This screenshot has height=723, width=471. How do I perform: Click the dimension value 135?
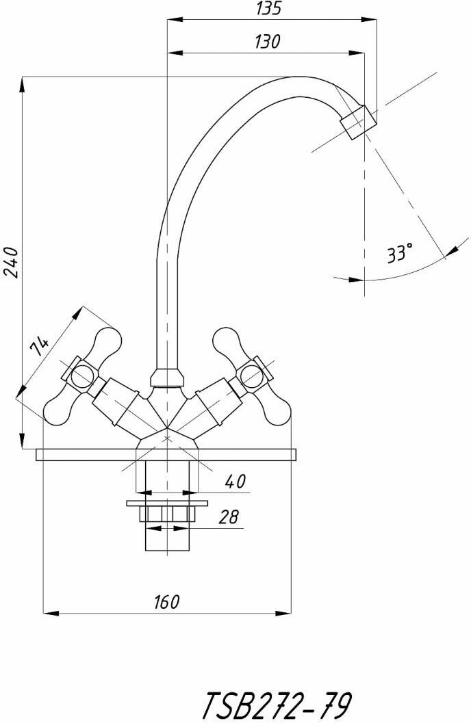coord(268,8)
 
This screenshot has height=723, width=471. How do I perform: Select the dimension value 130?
coord(267,42)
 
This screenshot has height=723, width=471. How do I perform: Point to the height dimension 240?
coord(11,262)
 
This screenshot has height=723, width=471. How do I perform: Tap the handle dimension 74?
coord(39,346)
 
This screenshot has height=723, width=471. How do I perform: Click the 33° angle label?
coord(399,253)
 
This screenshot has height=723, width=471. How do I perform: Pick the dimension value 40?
coord(235,482)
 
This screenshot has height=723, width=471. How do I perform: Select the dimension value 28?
coord(229,517)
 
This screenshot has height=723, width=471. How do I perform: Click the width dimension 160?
coord(166,601)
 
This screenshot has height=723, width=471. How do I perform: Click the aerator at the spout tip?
coord(358,122)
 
